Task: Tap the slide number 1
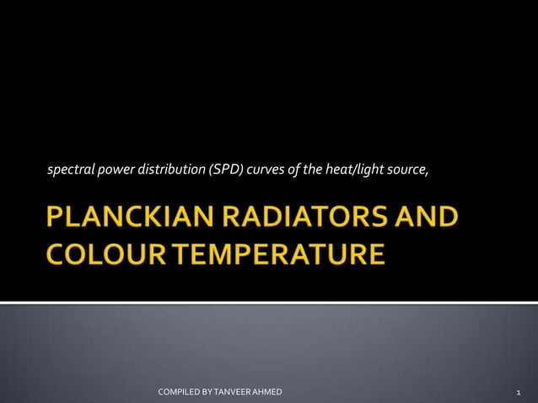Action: point(517,393)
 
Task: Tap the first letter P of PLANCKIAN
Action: point(56,218)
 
